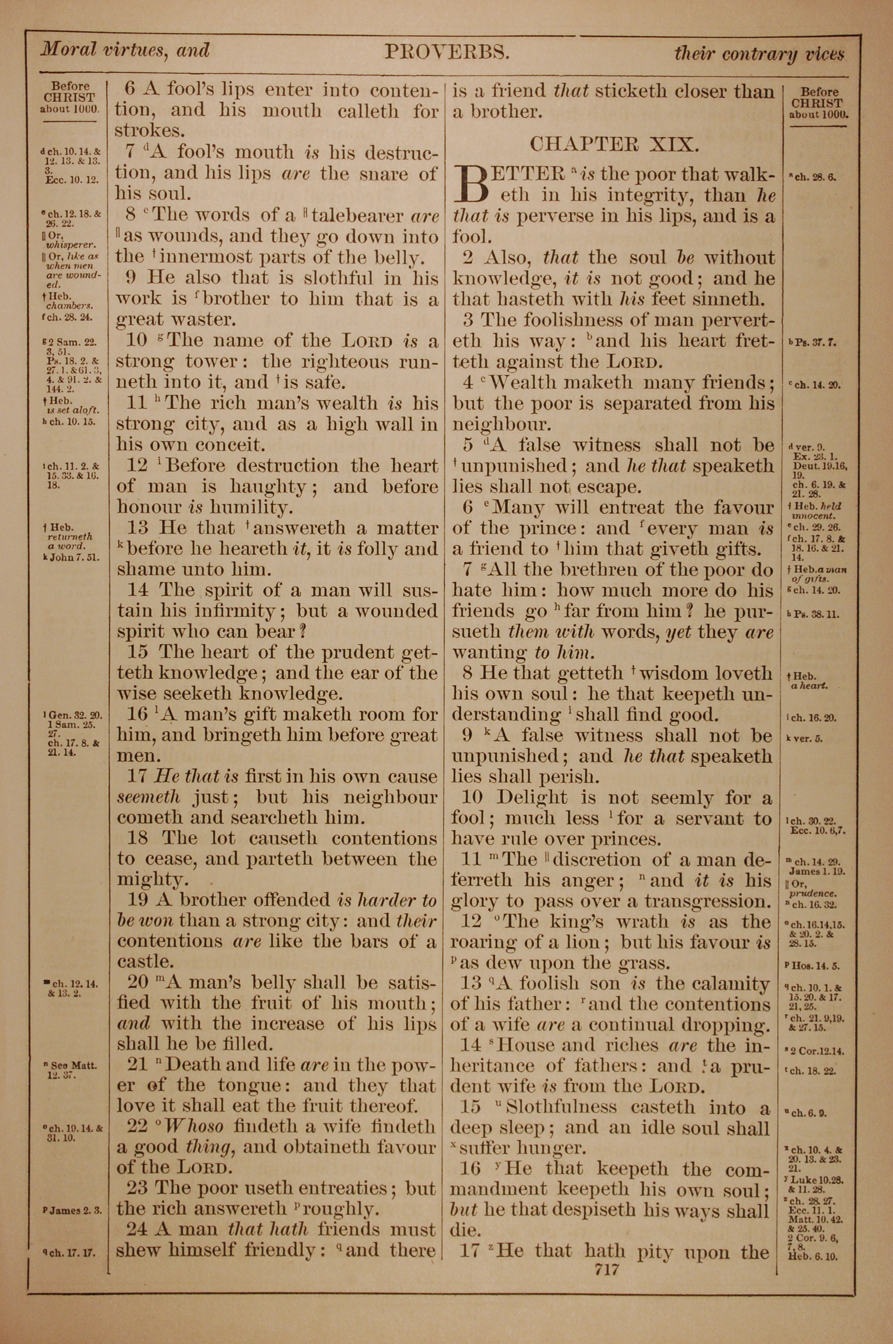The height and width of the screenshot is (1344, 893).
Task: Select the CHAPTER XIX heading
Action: point(613,145)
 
